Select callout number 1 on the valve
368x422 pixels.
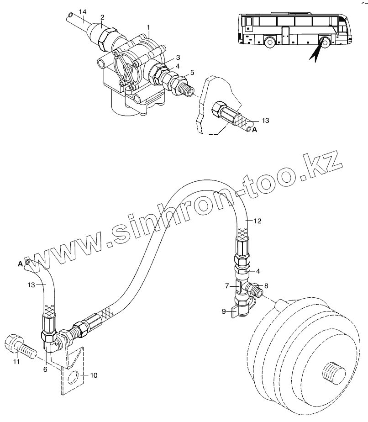[x=148, y=27]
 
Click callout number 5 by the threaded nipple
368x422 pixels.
[x=192, y=72]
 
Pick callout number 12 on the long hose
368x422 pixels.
[x=258, y=221]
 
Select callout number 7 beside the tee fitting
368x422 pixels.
[x=226, y=286]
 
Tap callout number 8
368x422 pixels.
[x=266, y=286]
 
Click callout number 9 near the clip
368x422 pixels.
[x=224, y=311]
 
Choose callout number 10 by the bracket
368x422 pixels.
[x=94, y=375]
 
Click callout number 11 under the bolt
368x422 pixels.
[x=16, y=362]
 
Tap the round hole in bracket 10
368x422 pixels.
[x=72, y=378]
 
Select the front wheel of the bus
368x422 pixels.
[x=270, y=42]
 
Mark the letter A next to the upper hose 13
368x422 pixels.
[x=255, y=130]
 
